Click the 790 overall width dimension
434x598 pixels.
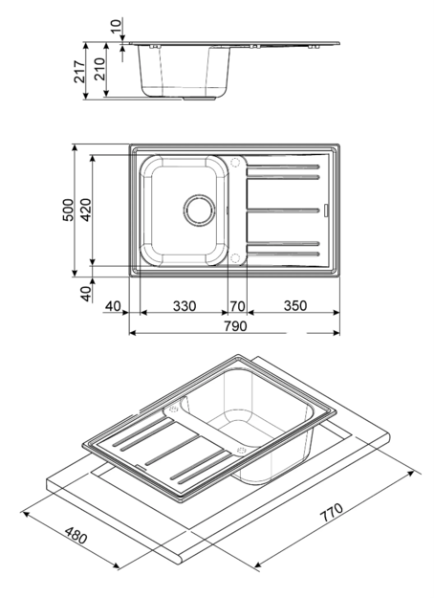pyautogui.click(x=235, y=326)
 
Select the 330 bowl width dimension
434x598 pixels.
pyautogui.click(x=184, y=306)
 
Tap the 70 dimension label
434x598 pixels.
pyautogui.click(x=237, y=306)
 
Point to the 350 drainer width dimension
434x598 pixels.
pyautogui.click(x=295, y=306)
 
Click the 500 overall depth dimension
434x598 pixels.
pyautogui.click(x=68, y=210)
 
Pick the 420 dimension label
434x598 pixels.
pyautogui.click(x=86, y=210)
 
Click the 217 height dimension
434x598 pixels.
pyautogui.click(x=80, y=72)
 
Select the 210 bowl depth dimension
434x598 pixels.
pyautogui.click(x=99, y=69)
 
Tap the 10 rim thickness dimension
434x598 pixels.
pyautogui.click(x=117, y=25)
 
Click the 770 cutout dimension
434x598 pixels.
pyautogui.click(x=331, y=513)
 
